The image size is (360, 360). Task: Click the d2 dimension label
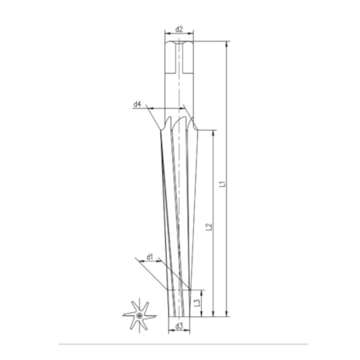[x=179, y=30]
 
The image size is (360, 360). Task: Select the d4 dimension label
[x=137, y=104]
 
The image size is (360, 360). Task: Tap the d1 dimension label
[x=150, y=256]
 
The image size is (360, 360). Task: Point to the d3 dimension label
[x=179, y=326]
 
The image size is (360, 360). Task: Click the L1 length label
[x=222, y=185]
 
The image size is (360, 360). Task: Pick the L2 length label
[x=208, y=227]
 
